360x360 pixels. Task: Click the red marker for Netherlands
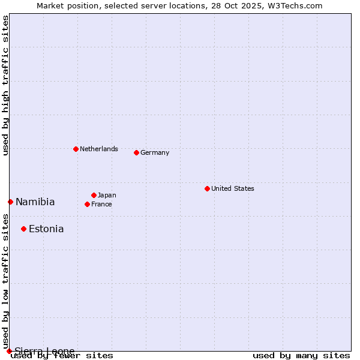point(76,149)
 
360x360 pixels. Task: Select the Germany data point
point(136,152)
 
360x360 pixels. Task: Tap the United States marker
point(207,188)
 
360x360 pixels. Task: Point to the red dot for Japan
point(94,195)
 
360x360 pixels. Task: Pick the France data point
point(87,204)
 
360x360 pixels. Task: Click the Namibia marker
point(10,202)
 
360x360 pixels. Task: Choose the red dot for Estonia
point(23,229)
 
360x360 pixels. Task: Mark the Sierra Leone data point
point(9,351)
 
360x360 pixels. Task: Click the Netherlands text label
point(99,149)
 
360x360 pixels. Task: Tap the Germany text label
point(155,152)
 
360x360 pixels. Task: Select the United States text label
point(233,188)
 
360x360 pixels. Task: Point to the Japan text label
point(107,195)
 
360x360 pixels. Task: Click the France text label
point(101,204)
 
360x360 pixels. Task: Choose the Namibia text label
point(35,202)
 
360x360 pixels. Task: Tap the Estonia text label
point(46,229)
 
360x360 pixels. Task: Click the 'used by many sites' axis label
point(301,355)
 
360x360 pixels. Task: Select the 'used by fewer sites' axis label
point(62,355)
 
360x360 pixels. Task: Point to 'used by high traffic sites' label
point(5,85)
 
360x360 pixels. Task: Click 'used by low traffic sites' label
point(5,279)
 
